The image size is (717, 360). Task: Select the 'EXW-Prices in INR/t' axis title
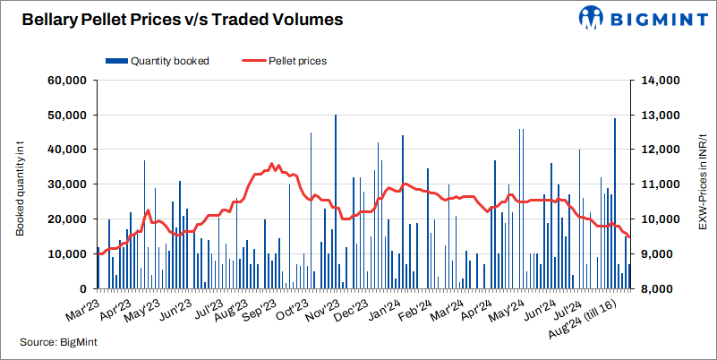click(x=704, y=184)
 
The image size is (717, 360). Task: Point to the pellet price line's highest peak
click(x=271, y=164)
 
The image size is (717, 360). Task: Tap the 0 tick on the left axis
click(x=80, y=289)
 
